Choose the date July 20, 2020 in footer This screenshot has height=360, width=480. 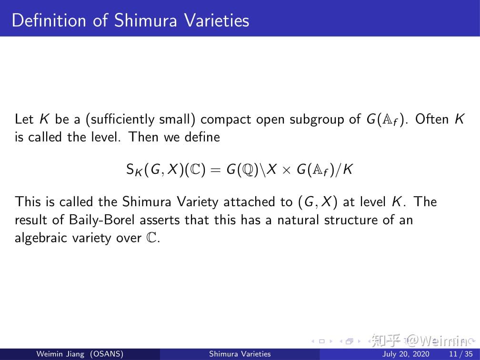[x=406, y=354]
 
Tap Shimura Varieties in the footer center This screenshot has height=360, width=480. [x=240, y=354]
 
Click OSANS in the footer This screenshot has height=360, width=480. [x=108, y=354]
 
